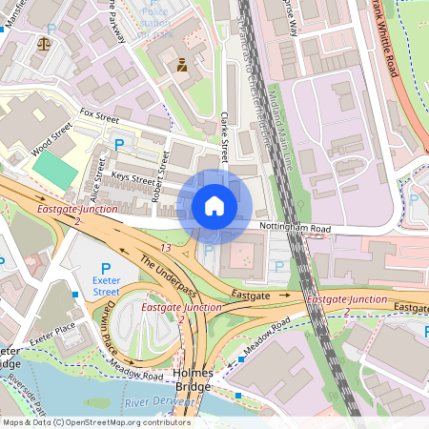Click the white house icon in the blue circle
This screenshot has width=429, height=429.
214,206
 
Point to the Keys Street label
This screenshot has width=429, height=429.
133,178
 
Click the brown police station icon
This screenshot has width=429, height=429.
181,65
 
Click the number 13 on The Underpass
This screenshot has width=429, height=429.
167,248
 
